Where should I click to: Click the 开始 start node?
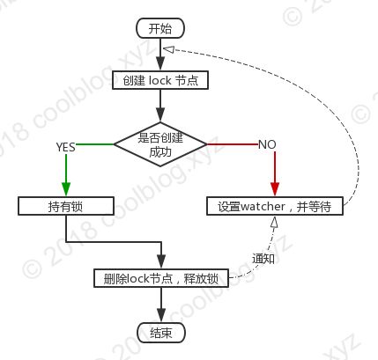point(160,28)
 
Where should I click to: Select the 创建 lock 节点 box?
point(160,80)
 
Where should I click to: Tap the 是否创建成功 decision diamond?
point(160,144)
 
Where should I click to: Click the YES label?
point(66,147)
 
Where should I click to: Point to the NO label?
point(267,144)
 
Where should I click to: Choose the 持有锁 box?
point(66,206)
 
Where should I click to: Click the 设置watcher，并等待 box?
point(275,206)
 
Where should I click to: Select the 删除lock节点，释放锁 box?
point(161,278)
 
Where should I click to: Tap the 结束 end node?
point(161,333)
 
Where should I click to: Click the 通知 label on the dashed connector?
point(263,259)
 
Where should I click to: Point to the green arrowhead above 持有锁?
point(66,189)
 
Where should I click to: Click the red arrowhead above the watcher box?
point(275,189)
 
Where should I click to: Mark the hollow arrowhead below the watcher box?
point(274,222)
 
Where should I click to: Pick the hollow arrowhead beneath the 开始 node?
point(169,49)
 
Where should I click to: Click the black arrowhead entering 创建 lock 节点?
point(160,63)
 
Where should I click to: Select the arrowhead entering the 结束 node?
point(161,316)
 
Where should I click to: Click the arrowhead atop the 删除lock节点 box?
point(161,261)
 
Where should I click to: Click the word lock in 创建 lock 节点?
point(160,80)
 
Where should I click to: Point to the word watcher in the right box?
point(263,207)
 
